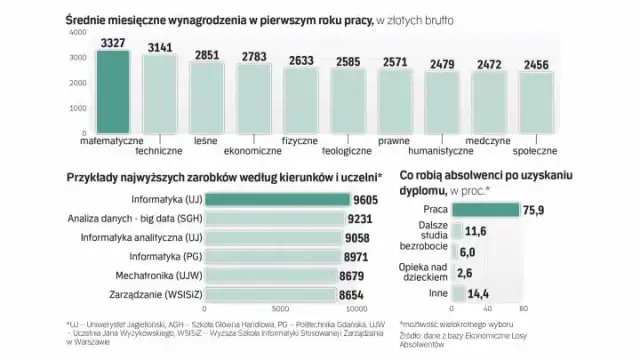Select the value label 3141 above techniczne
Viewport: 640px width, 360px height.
[162, 47]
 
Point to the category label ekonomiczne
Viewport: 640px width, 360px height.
[252, 151]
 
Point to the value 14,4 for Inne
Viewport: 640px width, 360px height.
[482, 295]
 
